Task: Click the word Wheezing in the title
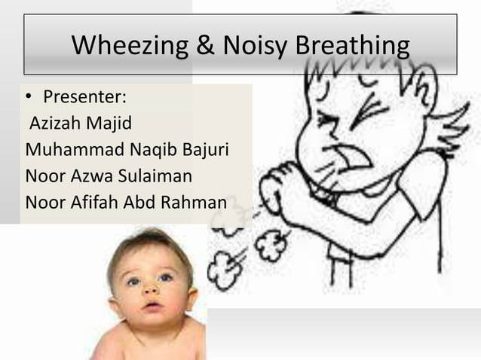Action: [x=128, y=47]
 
